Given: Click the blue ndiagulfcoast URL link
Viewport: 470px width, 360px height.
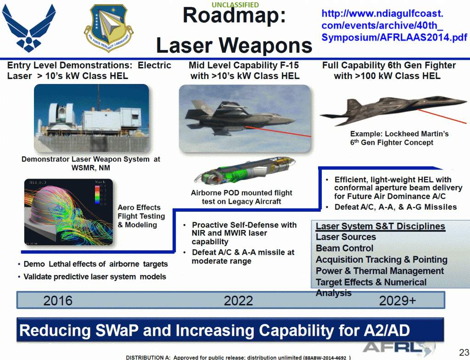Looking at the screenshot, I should [x=394, y=25].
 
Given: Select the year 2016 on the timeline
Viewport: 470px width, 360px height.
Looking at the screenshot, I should [x=58, y=301].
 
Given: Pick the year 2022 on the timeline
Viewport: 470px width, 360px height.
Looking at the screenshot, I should [x=238, y=301].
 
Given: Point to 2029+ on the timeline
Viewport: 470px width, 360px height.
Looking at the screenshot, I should [x=397, y=300].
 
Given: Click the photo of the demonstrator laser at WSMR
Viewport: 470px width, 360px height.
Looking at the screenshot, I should [x=92, y=119].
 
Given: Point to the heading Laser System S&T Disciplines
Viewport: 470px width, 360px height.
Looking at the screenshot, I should [x=380, y=226].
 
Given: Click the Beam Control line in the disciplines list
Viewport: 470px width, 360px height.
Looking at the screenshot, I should [x=345, y=248].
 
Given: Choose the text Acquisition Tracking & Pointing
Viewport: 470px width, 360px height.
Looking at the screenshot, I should [x=381, y=260].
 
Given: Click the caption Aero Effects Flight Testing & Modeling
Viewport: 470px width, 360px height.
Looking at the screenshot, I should [x=141, y=216].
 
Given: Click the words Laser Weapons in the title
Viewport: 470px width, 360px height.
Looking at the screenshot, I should [x=234, y=45].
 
